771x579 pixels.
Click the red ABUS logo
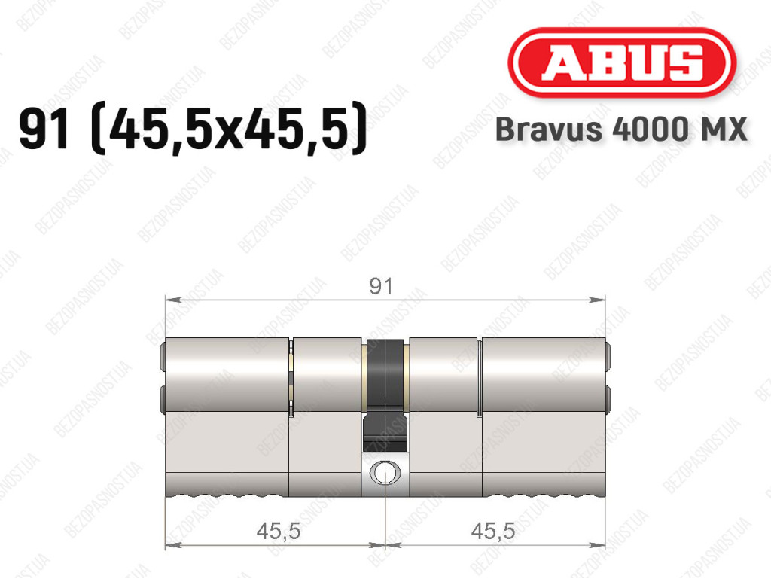point(621,62)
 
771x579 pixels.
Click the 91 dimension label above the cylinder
point(381,286)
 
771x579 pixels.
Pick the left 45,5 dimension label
point(279,531)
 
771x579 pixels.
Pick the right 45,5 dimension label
point(492,531)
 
